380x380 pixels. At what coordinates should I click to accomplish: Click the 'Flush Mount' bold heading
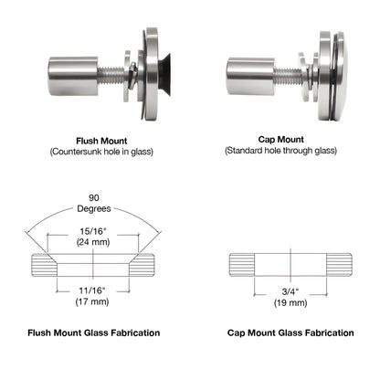pyautogui.click(x=101, y=141)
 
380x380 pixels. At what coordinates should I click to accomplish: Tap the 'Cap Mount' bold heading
pyautogui.click(x=280, y=140)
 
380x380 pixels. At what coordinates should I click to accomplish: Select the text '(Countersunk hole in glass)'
pyautogui.click(x=101, y=152)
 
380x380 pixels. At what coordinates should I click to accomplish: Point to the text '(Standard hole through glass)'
pyautogui.click(x=280, y=151)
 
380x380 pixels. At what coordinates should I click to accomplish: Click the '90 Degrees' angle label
pyautogui.click(x=94, y=203)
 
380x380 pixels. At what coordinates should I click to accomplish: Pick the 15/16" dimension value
pyautogui.click(x=92, y=231)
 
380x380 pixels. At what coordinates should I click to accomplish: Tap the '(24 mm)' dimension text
pyautogui.click(x=92, y=242)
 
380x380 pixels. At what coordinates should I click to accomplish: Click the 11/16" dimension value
pyautogui.click(x=92, y=290)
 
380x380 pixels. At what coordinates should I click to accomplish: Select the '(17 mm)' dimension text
pyautogui.click(x=92, y=301)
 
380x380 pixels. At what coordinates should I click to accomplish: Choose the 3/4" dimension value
pyautogui.click(x=290, y=291)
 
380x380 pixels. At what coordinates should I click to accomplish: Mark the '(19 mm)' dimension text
pyautogui.click(x=290, y=302)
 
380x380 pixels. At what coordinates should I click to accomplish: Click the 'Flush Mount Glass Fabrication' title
pyautogui.click(x=94, y=332)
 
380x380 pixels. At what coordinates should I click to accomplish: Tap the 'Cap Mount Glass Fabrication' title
pyautogui.click(x=290, y=332)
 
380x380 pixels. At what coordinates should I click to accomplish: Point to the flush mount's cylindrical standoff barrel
pyautogui.click(x=74, y=76)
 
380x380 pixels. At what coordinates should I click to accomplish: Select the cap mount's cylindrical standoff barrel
pyautogui.click(x=251, y=76)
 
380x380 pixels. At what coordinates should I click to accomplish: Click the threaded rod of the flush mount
pyautogui.click(x=111, y=76)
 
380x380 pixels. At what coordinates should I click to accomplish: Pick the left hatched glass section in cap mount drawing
pyautogui.click(x=242, y=265)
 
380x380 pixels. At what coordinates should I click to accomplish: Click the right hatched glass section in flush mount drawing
pyautogui.click(x=143, y=265)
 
